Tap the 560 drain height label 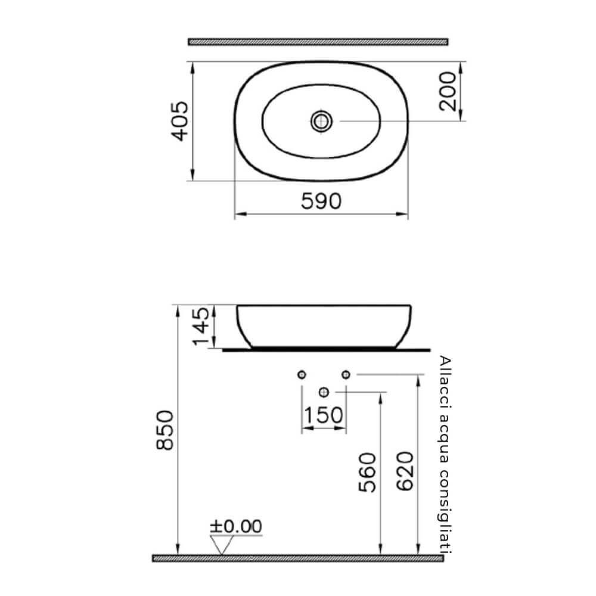coord(368,472)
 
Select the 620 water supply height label coord(405,471)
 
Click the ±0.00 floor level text coord(235,526)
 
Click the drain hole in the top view coord(321,121)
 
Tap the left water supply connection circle coord(302,374)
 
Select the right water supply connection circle coord(345,374)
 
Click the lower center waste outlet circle coord(324,392)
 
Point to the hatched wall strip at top coord(318,42)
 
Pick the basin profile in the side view coord(325,325)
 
